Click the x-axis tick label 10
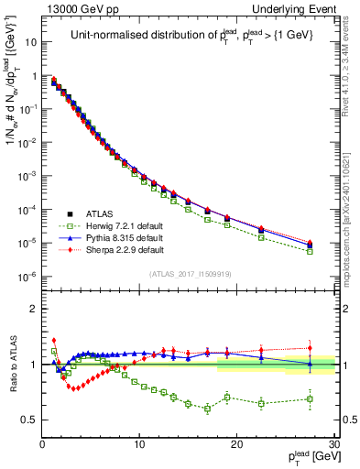pyautogui.click(x=139, y=444)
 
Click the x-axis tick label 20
pyautogui.click(x=236, y=444)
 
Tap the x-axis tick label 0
pyautogui.click(x=42, y=444)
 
